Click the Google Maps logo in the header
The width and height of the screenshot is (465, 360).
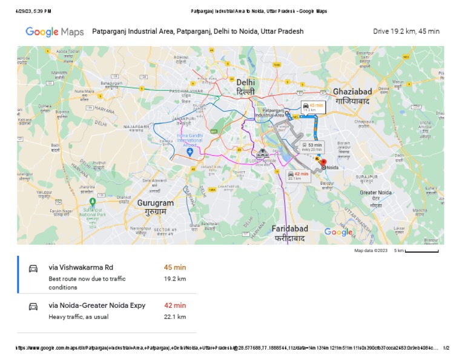(54, 32)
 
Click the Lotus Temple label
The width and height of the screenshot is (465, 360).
(264, 160)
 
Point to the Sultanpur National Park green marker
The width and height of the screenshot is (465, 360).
(92, 201)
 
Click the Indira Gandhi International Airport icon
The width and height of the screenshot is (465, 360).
(190, 152)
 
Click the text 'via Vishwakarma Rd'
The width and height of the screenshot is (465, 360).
(81, 267)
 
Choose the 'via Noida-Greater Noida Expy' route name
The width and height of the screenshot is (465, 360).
(97, 305)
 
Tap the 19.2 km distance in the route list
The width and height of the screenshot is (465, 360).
(174, 279)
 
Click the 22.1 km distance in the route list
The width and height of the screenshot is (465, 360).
(174, 316)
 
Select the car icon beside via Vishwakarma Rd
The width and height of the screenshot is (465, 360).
(33, 268)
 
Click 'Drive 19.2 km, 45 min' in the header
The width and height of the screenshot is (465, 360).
(406, 32)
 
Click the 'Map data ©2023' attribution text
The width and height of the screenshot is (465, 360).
(371, 250)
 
